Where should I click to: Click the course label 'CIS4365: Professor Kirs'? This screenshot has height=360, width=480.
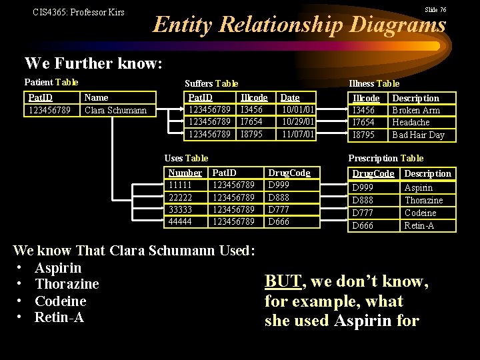(79, 12)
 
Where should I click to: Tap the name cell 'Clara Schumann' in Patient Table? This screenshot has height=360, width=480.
(115, 110)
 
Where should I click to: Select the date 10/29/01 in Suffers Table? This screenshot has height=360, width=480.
(298, 122)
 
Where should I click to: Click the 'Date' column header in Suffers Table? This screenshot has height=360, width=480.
(290, 97)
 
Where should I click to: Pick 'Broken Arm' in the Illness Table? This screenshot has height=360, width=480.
(416, 110)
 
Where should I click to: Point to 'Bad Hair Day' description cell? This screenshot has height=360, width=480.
(418, 135)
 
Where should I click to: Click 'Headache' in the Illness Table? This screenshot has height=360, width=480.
(411, 122)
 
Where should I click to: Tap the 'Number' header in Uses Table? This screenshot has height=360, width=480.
(185, 173)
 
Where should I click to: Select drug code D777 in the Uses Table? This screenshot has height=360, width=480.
(279, 209)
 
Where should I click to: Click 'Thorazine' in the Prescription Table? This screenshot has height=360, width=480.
(423, 200)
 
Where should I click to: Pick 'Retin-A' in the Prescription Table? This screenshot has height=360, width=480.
(419, 225)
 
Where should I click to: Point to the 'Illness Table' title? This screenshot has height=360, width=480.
(374, 83)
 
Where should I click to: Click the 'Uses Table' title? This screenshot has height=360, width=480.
(186, 158)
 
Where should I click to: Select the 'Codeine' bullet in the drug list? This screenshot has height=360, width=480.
(60, 301)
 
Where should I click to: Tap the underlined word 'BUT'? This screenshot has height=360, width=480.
(283, 281)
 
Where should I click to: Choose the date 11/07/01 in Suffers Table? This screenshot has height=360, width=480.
(298, 134)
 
